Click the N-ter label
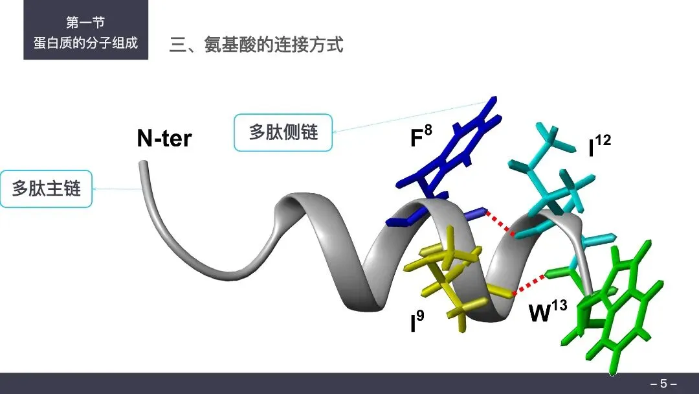tap(164, 138)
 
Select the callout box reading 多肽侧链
tap(283, 133)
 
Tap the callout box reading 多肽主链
tap(46, 189)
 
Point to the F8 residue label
tap(421, 139)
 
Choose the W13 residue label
tap(547, 312)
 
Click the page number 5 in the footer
tap(663, 384)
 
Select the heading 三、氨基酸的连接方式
tap(256, 45)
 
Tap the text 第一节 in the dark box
tap(85, 23)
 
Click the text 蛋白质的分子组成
tap(85, 45)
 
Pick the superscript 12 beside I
tap(603, 140)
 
